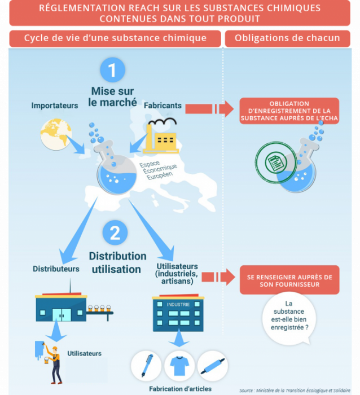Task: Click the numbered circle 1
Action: click(113, 70)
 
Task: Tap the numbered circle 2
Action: click(115, 232)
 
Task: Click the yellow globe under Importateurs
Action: click(56, 134)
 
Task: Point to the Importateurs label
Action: click(55, 106)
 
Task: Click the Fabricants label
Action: click(163, 106)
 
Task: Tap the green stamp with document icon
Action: click(276, 163)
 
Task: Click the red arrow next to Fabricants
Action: click(209, 109)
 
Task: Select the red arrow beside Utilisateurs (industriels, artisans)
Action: click(218, 277)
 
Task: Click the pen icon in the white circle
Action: click(146, 366)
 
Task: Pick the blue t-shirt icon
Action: click(179, 366)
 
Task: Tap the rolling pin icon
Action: click(212, 366)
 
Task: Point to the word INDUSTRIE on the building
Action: click(178, 305)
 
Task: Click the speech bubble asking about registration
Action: click(289, 318)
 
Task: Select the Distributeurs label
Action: click(56, 269)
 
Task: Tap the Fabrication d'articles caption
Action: click(181, 389)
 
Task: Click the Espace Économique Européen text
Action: click(159, 169)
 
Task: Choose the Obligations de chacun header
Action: click(287, 38)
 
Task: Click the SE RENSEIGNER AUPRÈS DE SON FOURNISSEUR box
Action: click(289, 280)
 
